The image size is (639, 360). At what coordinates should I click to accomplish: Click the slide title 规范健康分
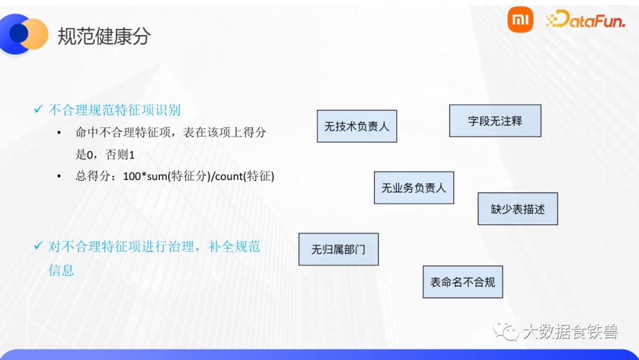point(104,36)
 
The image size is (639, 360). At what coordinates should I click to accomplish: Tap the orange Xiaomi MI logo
point(520,21)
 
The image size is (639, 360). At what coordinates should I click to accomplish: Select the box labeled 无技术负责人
point(357,126)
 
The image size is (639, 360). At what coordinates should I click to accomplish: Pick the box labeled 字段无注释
point(495,121)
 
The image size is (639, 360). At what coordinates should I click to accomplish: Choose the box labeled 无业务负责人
point(414,188)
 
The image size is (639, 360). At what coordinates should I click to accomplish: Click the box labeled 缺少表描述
point(518,209)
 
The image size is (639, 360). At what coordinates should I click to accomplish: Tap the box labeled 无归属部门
point(338,249)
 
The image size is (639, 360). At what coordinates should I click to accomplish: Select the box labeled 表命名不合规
point(463,282)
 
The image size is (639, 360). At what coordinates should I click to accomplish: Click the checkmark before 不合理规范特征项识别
point(38,110)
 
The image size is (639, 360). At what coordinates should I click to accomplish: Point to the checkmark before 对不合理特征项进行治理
point(38,246)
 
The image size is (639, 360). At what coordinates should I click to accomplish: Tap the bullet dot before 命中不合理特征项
point(59,133)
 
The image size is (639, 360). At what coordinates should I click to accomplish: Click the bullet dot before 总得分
point(59,177)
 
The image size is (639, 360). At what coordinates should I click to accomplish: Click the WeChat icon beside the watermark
point(506,331)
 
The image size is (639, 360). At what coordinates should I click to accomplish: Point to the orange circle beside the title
point(34,34)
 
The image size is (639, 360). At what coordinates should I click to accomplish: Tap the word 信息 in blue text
point(61,270)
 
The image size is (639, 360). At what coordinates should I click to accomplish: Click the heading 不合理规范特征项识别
point(114,110)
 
